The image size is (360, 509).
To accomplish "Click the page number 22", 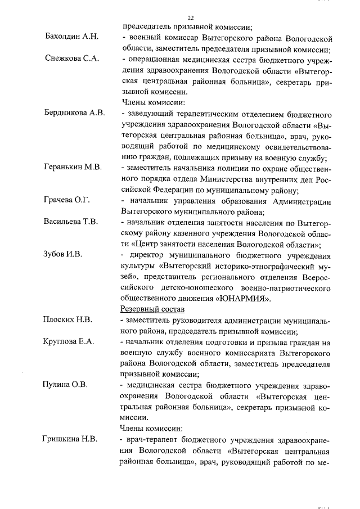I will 190,17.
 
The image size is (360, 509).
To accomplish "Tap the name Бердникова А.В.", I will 74,113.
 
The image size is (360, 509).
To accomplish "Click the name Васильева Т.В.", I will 71,222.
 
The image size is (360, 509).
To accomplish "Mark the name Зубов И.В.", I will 63,254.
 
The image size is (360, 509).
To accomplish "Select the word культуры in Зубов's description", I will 136,265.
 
